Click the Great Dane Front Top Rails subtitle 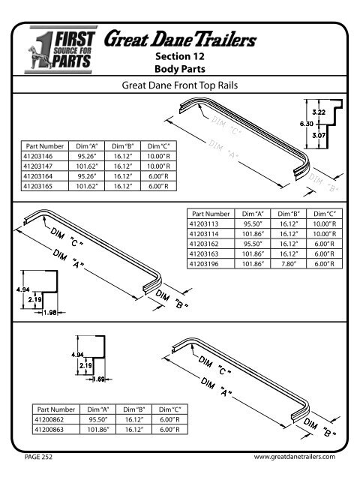(x=180, y=85)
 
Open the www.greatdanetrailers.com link (x=293, y=456)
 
